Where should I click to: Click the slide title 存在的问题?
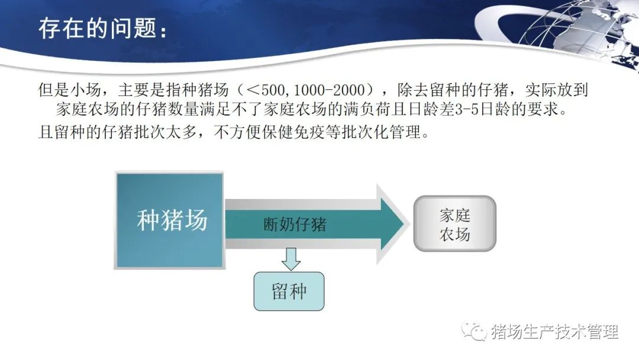[x=98, y=28]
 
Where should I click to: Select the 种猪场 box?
[x=170, y=220]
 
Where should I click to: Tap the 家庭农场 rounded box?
[x=455, y=223]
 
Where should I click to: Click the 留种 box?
[x=289, y=291]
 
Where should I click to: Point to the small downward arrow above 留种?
[x=291, y=259]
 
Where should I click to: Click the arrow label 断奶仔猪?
[x=295, y=224]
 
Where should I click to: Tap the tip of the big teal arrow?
[x=404, y=223]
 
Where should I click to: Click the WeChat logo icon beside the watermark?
[x=474, y=332]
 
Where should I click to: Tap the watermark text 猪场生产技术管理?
[x=554, y=332]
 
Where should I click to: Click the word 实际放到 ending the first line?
[x=557, y=89]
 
